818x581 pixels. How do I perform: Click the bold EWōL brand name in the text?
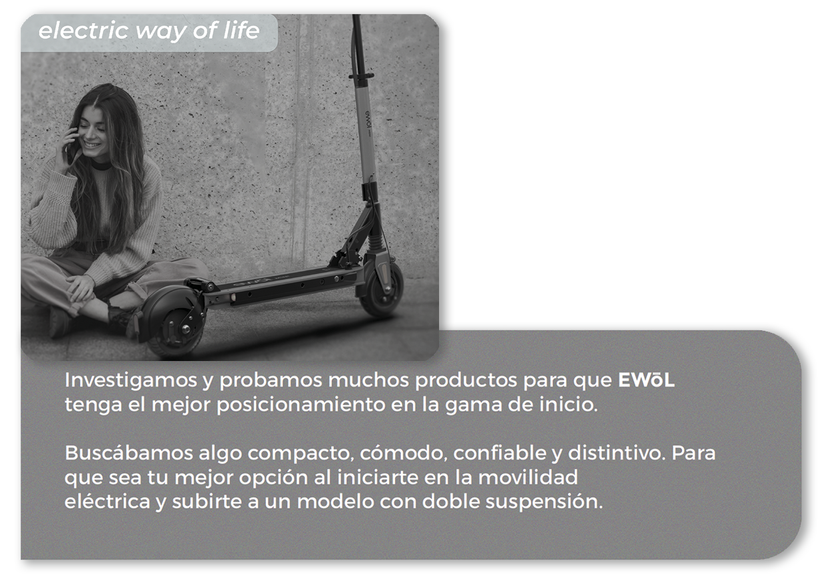click(x=646, y=380)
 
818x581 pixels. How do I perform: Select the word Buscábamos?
click(x=128, y=453)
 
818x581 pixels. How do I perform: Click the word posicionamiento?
click(x=301, y=406)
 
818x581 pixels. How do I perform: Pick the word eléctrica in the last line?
click(x=108, y=501)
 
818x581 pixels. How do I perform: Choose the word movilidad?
click(x=528, y=477)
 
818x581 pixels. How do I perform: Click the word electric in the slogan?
click(x=84, y=30)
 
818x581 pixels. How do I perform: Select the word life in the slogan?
click(x=241, y=30)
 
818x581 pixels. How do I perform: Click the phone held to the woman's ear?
click(x=72, y=148)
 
